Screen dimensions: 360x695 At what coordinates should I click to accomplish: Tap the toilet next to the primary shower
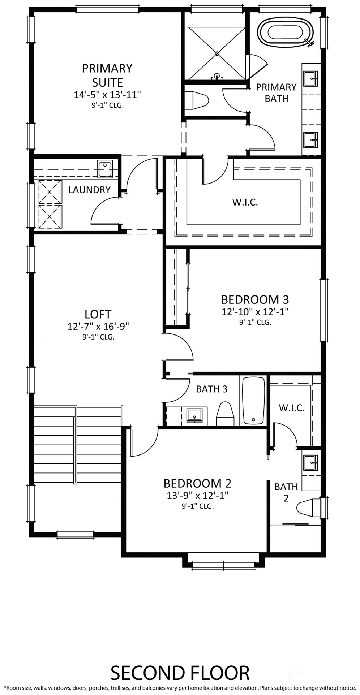[x=197, y=100]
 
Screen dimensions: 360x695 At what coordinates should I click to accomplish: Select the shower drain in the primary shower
[x=217, y=53]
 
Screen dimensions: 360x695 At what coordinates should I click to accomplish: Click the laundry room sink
[x=105, y=169]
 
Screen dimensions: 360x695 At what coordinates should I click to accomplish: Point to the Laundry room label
[x=89, y=190]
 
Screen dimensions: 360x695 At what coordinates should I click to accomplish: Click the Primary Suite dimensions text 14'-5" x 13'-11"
[x=107, y=95]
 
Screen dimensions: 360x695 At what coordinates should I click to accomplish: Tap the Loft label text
[x=98, y=314]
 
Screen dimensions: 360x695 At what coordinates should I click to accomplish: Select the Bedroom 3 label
[x=255, y=299]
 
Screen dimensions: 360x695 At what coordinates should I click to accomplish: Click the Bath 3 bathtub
[x=253, y=401]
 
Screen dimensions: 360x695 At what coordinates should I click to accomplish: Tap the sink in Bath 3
[x=195, y=415]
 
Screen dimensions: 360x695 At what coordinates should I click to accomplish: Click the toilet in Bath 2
[x=308, y=507]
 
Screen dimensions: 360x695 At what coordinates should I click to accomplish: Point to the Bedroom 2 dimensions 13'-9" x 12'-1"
[x=197, y=495]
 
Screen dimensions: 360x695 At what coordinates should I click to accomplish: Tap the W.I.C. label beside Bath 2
[x=292, y=408]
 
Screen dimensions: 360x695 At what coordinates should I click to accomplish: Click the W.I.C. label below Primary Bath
[x=245, y=202]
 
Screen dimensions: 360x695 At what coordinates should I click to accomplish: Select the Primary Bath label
[x=277, y=92]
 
